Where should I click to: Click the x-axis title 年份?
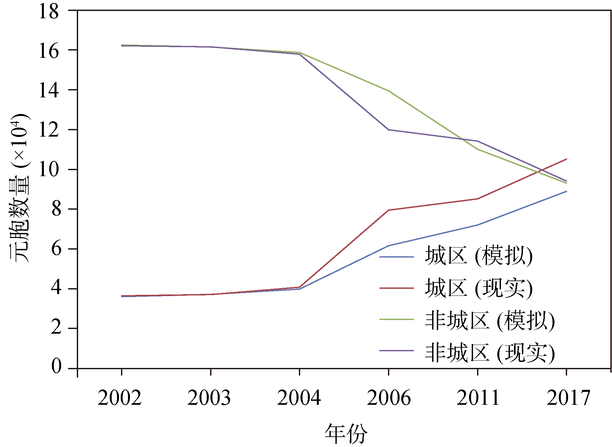(x=346, y=433)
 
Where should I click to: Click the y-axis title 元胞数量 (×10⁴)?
(x=19, y=188)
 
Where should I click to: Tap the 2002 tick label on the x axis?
(x=120, y=397)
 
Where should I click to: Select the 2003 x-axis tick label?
(x=209, y=397)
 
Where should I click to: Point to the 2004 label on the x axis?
(x=299, y=397)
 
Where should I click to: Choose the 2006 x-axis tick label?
(x=389, y=397)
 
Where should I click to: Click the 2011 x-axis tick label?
(x=478, y=397)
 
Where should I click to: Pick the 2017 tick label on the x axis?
(x=568, y=397)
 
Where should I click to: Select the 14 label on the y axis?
(x=49, y=90)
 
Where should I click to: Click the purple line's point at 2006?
(x=389, y=130)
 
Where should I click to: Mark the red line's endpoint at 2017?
(x=566, y=159)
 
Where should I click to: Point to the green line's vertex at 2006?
(x=389, y=91)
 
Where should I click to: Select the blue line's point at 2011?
(x=477, y=225)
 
